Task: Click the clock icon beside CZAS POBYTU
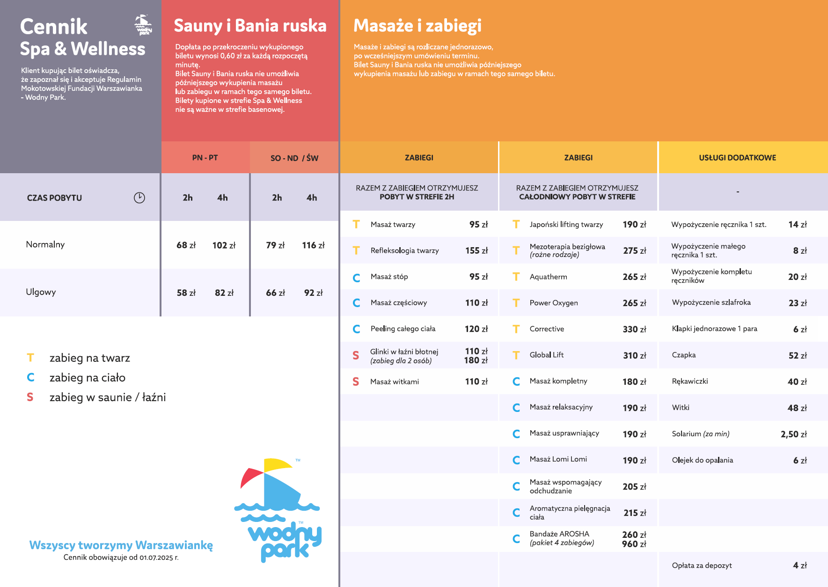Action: point(139,198)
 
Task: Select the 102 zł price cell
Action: point(224,245)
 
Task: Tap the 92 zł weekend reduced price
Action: point(313,293)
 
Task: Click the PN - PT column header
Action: point(205,158)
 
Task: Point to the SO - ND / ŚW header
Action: point(294,158)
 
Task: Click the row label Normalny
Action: point(45,244)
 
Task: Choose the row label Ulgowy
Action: point(41,292)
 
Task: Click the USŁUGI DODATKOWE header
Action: point(737,158)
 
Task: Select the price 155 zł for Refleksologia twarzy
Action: point(476,251)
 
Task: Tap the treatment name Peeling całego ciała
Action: point(403,329)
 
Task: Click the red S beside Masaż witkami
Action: point(356,382)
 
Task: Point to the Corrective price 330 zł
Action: point(634,330)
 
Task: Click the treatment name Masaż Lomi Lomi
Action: point(558,459)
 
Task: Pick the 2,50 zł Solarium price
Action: point(793,434)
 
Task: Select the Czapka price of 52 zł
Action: point(798,356)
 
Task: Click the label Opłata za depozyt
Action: point(702,565)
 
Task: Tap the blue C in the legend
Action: point(30,377)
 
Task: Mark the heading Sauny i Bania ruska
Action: point(250,26)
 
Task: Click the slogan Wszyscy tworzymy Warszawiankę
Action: point(121,545)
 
